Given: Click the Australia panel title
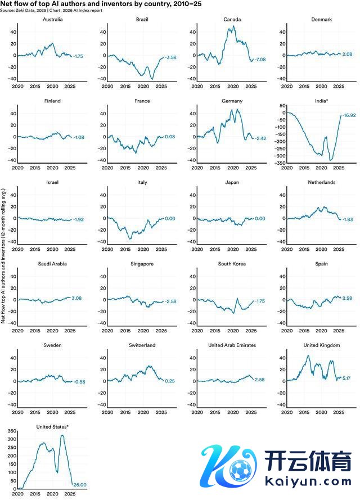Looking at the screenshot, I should coord(53,20).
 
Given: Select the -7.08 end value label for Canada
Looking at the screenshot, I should coord(260,60).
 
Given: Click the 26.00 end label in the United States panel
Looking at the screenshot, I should coord(80,484).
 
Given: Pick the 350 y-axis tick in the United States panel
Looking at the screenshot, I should coord(11,430).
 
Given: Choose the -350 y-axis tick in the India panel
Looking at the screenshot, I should coord(277,163).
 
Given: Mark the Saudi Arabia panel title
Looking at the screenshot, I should coord(53,264).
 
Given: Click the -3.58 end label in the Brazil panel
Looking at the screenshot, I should coord(170,57).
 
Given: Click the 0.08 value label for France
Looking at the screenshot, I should coord(169,137).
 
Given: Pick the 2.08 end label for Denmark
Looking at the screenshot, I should coord(346,54).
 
